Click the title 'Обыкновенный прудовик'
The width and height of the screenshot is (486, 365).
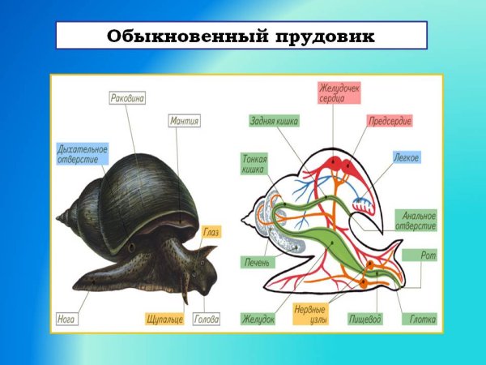point(241,36)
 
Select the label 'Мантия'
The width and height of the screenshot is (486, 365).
point(185,121)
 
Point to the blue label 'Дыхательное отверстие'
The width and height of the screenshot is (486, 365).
point(82,154)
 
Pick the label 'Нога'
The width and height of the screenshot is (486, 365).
point(67,319)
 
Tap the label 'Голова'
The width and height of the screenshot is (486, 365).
point(207,319)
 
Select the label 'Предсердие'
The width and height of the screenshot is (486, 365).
point(390,121)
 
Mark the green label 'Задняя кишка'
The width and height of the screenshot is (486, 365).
point(274,122)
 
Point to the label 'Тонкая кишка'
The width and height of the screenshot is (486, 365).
point(255,165)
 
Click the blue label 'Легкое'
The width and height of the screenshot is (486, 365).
point(407,157)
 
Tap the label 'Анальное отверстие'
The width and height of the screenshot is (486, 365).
point(416,221)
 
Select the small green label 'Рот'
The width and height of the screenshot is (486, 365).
point(428,255)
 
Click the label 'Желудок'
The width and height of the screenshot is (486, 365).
point(258,319)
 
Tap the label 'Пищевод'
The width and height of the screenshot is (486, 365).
point(364,319)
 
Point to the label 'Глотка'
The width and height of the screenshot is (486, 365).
point(422,319)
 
